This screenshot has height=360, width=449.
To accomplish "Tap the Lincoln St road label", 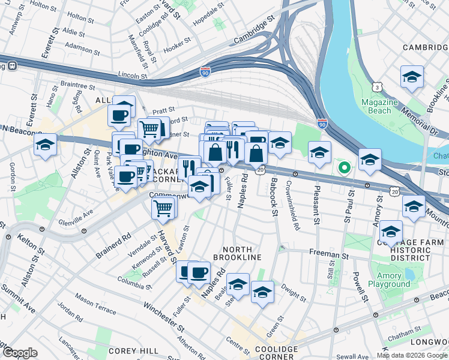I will pos(133,76).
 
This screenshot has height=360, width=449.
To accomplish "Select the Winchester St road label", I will pos(163,316).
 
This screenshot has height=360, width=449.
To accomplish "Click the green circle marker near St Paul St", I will pos(344,167).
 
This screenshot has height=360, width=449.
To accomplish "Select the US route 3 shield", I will pos(376,88).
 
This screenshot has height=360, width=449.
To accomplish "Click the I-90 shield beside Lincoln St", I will pos(206,71).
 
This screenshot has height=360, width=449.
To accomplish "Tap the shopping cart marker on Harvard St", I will pos(163,208).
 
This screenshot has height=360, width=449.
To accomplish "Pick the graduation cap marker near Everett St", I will pos(45,145).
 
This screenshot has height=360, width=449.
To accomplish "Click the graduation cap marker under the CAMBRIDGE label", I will pos(412,76).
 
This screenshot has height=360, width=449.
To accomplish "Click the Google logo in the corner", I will pos(20,353).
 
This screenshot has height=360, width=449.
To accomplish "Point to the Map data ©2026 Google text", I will pos(412,355).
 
